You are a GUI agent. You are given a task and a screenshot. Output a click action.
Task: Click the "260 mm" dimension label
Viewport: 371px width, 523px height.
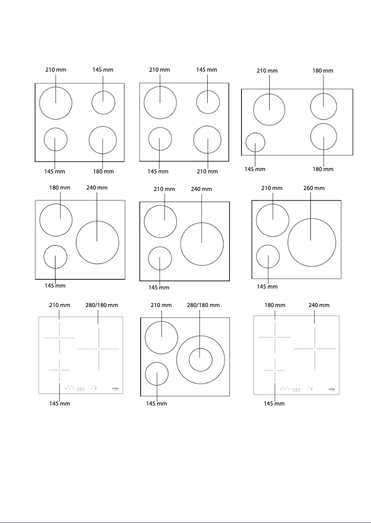(314, 188)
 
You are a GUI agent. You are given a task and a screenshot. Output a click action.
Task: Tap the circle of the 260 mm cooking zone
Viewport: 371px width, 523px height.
(312, 242)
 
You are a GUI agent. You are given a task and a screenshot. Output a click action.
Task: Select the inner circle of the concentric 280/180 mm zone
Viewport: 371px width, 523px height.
(200, 360)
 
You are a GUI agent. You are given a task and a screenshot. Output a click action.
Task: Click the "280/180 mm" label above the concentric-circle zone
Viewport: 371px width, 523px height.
(203, 305)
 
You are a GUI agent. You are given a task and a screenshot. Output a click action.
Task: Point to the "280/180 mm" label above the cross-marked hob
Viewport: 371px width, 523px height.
(102, 305)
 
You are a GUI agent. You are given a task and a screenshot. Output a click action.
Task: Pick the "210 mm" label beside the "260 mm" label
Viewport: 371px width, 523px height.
(272, 188)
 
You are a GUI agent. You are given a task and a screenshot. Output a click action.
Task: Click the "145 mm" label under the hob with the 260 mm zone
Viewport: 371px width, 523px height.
(267, 287)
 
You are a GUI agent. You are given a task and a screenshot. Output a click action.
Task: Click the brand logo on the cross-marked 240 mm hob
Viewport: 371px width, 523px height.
(332, 389)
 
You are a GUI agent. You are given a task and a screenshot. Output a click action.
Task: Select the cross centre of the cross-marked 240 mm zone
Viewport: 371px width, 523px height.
(315, 348)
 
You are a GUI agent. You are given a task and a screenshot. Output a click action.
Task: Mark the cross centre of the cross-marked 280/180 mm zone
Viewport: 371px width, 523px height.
(98, 349)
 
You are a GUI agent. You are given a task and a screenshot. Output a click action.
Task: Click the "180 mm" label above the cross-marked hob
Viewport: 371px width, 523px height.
(275, 305)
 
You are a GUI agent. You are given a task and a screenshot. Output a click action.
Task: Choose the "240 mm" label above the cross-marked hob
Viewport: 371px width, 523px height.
(319, 305)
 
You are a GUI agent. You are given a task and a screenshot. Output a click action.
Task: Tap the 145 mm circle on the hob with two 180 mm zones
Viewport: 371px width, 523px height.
(255, 142)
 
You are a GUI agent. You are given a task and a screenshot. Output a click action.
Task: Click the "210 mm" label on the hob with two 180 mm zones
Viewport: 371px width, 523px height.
(267, 71)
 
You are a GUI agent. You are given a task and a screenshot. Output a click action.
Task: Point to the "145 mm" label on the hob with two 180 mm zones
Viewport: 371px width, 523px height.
(255, 169)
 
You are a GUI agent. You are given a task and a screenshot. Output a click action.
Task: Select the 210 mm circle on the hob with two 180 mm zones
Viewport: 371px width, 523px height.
(269, 109)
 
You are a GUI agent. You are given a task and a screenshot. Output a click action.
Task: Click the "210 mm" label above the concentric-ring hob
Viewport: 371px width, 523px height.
(161, 305)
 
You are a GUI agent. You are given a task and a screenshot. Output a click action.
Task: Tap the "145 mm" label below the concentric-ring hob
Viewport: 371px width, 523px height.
(156, 404)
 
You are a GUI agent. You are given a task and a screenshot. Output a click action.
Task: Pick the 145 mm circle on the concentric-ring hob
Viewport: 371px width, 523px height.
(157, 374)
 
